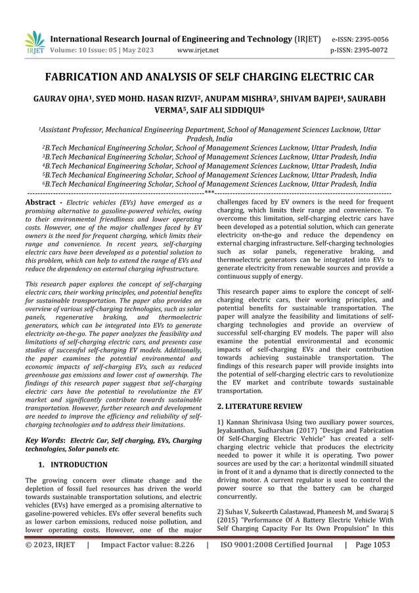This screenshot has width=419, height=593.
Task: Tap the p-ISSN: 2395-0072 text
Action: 361,49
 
